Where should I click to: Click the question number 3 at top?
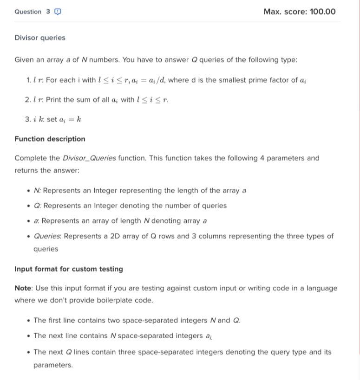pyautogui.click(x=48, y=12)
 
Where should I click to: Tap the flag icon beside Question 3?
pyautogui.click(x=57, y=12)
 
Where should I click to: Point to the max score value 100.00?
pyautogui.click(x=322, y=12)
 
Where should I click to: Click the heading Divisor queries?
pyautogui.click(x=40, y=38)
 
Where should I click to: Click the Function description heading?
pyautogui.click(x=50, y=139)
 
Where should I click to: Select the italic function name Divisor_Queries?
pyautogui.click(x=89, y=158)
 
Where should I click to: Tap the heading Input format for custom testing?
pyautogui.click(x=69, y=269)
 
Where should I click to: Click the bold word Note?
pyautogui.click(x=23, y=288)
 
